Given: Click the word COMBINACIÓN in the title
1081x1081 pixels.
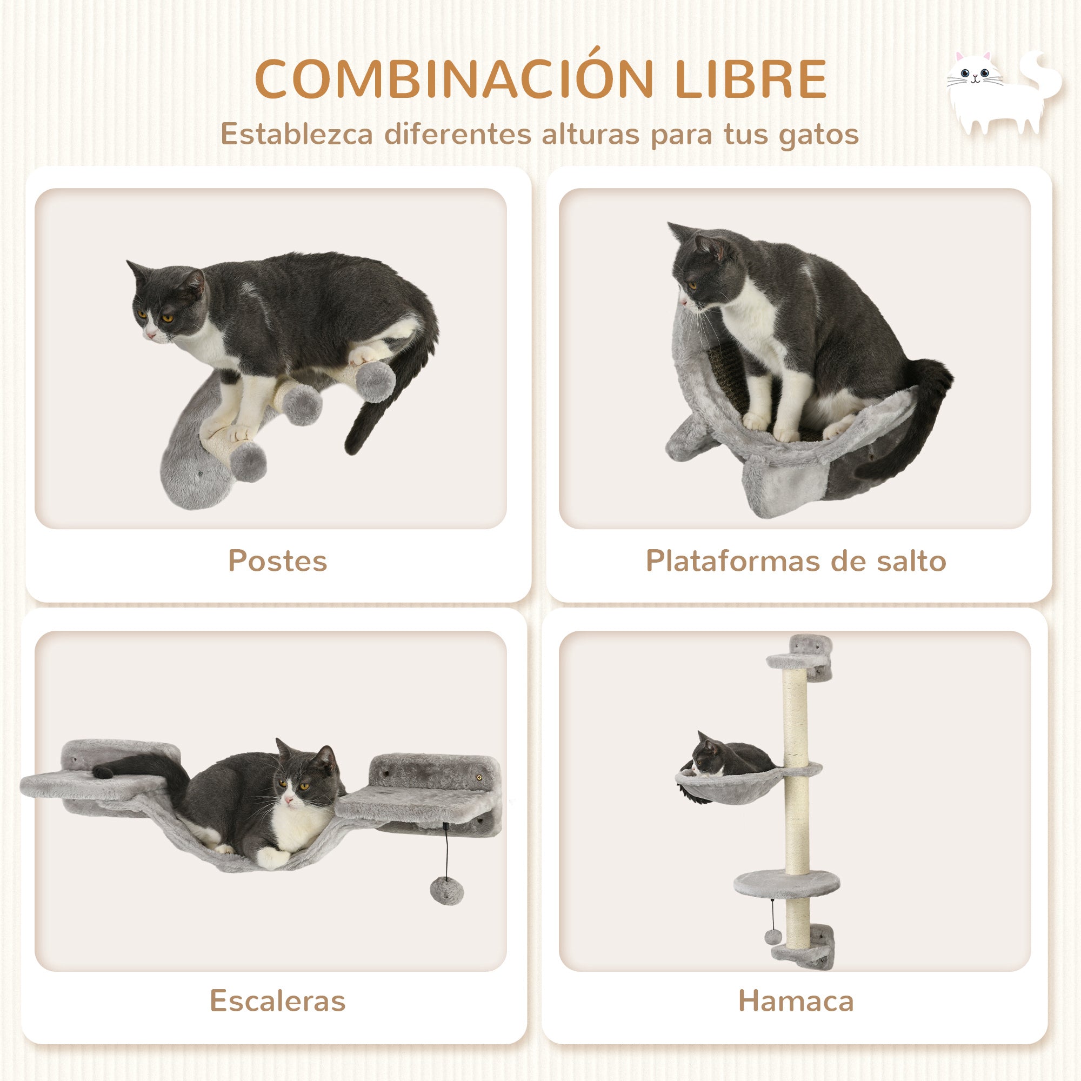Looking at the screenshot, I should pyautogui.click(x=454, y=79).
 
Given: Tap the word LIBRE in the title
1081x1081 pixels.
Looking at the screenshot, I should pyautogui.click(x=750, y=79).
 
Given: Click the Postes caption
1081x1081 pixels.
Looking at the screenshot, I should pyautogui.click(x=277, y=560).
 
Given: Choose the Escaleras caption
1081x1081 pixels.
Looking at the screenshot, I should pyautogui.click(x=277, y=1001).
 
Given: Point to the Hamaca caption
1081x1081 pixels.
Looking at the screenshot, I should pyautogui.click(x=796, y=1001).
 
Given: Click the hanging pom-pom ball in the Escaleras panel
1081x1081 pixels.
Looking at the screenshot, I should pyautogui.click(x=446, y=891).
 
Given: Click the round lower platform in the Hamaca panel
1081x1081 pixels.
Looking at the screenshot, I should pyautogui.click(x=786, y=884).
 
